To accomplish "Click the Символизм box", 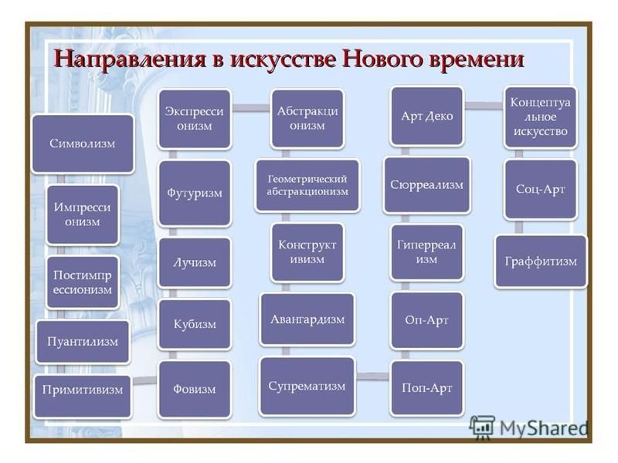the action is pos(83,144).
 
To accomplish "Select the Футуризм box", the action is pos(195,193).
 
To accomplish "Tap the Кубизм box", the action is pos(195,324).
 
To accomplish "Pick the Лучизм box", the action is pos(195,262).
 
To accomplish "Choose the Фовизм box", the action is pos(195,389).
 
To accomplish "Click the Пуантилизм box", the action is pos(83,341).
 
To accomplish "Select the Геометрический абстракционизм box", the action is pos(307,185).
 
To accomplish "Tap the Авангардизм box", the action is pos(307,319).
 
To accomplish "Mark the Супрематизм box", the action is pos(307,386).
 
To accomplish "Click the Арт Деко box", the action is pos(427,117).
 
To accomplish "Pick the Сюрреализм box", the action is pos(427,184).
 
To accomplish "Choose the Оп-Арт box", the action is pos(427,320).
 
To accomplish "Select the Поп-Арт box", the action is pos(427,388).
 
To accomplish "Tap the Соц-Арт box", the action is pos(540,189).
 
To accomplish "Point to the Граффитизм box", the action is pos(540,262).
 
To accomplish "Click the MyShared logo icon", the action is pos(482,428).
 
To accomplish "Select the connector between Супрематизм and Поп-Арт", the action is pos(373,376).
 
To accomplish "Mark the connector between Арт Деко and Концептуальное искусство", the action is pos(484,105).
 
